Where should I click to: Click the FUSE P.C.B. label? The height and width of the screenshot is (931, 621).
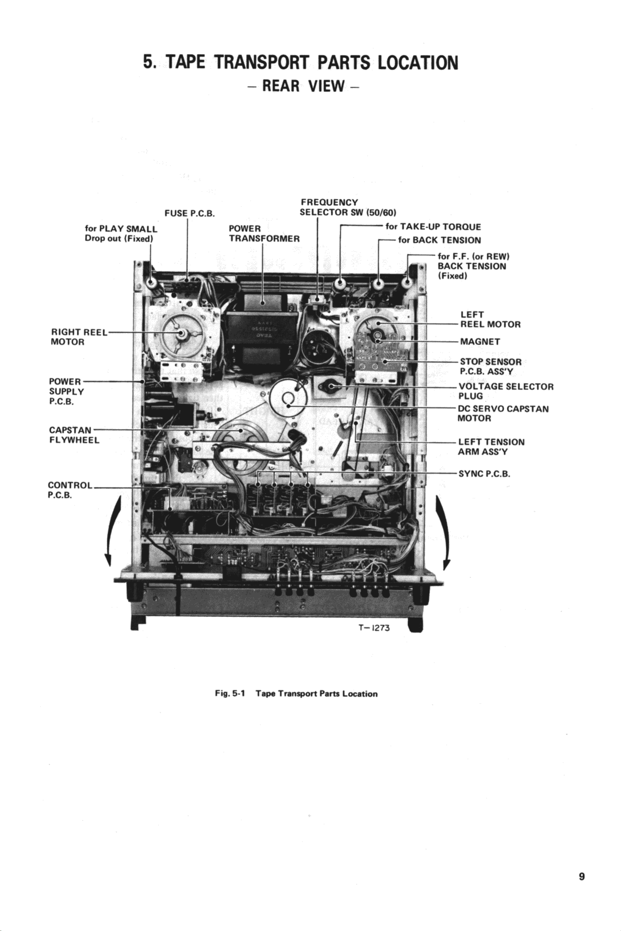[x=189, y=214]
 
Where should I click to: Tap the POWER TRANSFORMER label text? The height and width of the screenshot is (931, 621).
[x=264, y=233]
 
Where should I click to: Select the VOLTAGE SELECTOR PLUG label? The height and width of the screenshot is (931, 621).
[x=505, y=391]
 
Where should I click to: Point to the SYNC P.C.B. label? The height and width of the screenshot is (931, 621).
[x=484, y=473]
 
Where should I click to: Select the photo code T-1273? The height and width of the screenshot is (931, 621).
[x=374, y=628]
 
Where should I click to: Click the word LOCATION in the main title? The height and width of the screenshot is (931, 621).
[x=417, y=63]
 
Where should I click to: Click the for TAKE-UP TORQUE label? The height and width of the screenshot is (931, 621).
[x=433, y=227]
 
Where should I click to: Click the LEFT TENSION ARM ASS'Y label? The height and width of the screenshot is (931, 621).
[x=491, y=446]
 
